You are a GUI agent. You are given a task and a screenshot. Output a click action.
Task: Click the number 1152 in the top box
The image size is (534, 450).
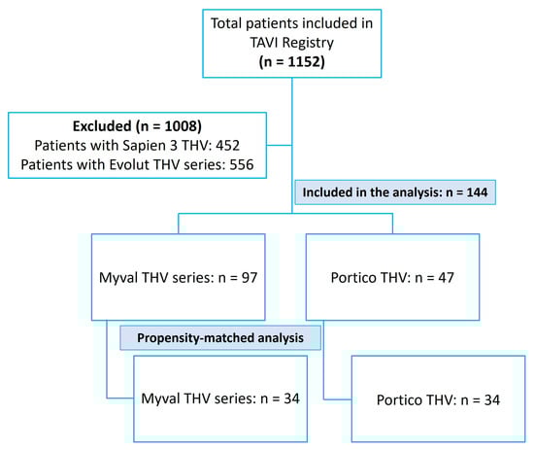pyautogui.click(x=306, y=61)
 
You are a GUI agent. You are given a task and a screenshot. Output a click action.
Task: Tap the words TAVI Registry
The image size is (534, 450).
pyautogui.click(x=292, y=43)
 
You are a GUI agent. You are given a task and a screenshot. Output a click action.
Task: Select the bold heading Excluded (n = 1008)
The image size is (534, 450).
pyautogui.click(x=137, y=126)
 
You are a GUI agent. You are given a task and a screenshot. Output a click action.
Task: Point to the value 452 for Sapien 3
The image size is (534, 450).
pyautogui.click(x=228, y=146)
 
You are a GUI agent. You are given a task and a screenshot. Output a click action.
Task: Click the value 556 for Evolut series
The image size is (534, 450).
pyautogui.click(x=242, y=164)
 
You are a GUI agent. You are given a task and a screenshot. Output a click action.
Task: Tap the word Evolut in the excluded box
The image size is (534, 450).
pyautogui.click(x=130, y=164)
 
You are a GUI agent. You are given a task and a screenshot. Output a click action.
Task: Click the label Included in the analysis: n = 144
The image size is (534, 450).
pyautogui.click(x=395, y=192)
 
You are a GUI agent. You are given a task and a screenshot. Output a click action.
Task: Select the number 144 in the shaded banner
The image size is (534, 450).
pyautogui.click(x=477, y=192)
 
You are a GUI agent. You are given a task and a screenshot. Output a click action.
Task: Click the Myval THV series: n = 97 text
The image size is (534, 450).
pyautogui.click(x=178, y=278)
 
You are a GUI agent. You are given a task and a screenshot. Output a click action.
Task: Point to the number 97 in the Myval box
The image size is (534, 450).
pyautogui.click(x=250, y=278)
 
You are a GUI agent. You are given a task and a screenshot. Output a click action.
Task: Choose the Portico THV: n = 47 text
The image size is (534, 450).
pyautogui.click(x=392, y=278)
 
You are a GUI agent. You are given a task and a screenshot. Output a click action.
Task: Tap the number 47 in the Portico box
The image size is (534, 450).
pyautogui.click(x=447, y=278)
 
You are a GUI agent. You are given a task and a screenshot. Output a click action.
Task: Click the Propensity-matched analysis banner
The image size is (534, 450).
pyautogui.click(x=220, y=338)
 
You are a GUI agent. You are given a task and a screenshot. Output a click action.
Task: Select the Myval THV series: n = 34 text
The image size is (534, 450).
pyautogui.click(x=220, y=398)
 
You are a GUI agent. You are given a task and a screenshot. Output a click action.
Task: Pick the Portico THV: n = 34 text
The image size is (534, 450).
pyautogui.click(x=438, y=399)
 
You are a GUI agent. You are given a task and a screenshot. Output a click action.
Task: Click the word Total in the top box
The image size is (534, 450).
pyautogui.click(x=226, y=23)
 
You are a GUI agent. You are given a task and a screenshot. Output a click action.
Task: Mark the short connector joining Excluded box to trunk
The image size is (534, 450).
pyautogui.click(x=280, y=145)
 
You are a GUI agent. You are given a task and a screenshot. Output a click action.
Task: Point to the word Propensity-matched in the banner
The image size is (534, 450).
pyautogui.click(x=196, y=338)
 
